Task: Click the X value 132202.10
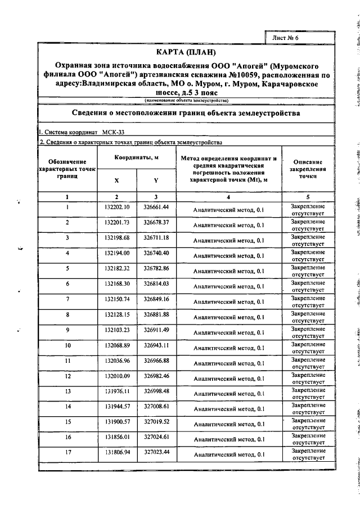point(117,208)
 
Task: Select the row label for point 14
point(67,406)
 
